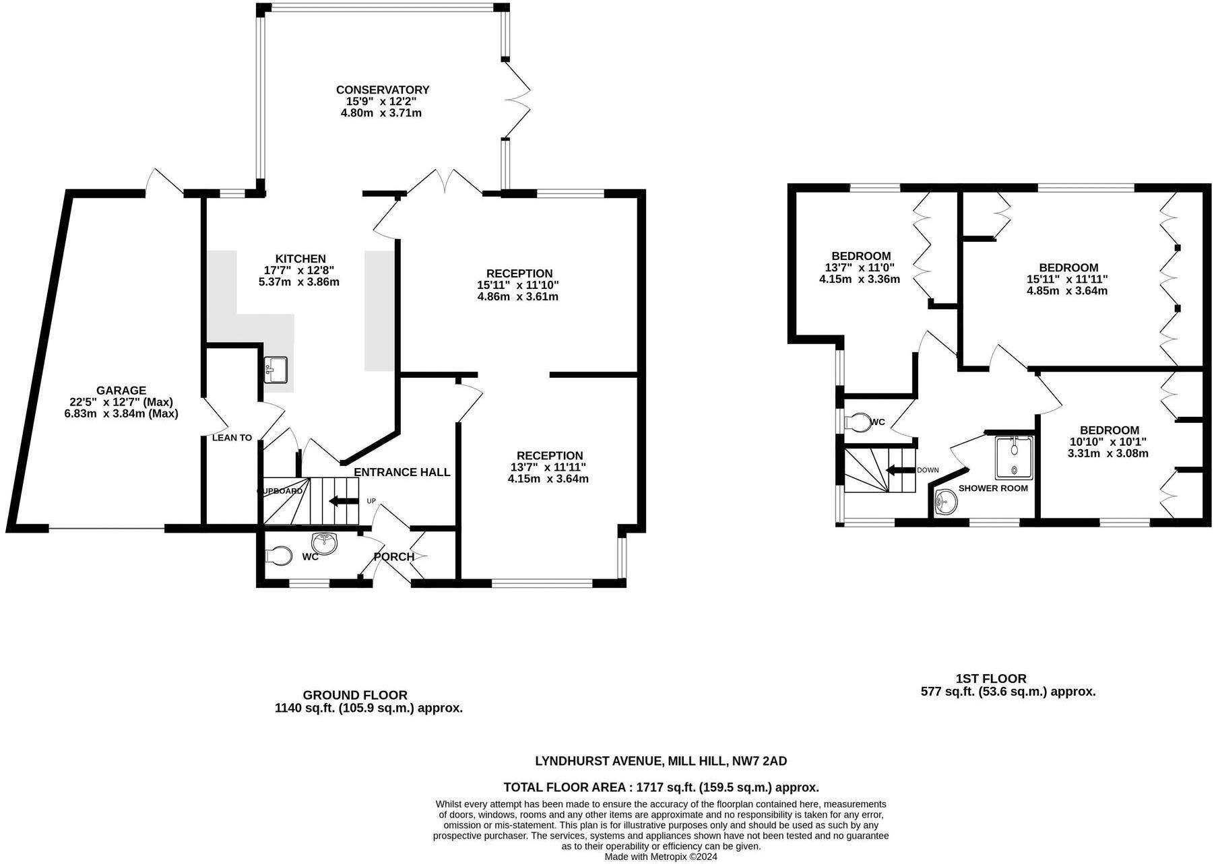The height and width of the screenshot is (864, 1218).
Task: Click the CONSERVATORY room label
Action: [382, 90]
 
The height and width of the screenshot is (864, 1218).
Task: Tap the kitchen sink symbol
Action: [276, 369]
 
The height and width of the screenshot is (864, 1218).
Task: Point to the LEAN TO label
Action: [232, 438]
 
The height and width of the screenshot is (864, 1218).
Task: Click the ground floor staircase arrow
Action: [343, 501]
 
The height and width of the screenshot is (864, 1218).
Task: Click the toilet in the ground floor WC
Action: [279, 556]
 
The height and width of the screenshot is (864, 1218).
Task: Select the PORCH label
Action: [394, 557]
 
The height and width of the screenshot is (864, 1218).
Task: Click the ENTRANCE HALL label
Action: [402, 472]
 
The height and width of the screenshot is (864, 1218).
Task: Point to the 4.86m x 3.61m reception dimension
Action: [517, 296]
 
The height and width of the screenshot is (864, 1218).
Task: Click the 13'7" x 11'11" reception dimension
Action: [548, 467]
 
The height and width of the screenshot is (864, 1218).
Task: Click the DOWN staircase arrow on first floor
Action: [901, 470]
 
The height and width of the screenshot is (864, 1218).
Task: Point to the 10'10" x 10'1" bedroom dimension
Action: [1108, 442]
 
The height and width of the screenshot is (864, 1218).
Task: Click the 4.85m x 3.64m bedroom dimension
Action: [1067, 291]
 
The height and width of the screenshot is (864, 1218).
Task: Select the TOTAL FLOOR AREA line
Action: [661, 787]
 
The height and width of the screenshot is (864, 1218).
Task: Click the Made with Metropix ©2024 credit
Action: [660, 857]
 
